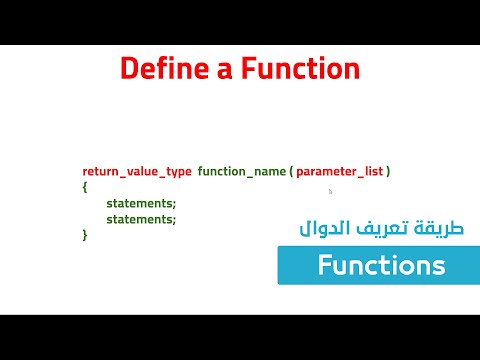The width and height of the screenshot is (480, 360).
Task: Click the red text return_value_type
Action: tap(136, 172)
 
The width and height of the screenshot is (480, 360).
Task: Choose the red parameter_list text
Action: tap(337, 172)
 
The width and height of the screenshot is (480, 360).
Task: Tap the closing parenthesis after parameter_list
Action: tap(388, 172)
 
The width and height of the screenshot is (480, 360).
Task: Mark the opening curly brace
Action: tap(85, 187)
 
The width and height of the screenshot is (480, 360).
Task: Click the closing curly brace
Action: tap(85, 234)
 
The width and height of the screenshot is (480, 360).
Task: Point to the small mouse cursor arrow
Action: tap(330, 190)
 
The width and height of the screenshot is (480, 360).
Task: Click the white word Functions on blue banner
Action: tap(381, 266)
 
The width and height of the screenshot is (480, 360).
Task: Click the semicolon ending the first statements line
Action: tap(174, 204)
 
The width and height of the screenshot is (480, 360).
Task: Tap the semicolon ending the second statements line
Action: tap(174, 219)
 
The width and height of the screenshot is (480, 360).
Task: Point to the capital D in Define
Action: tap(129, 69)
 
